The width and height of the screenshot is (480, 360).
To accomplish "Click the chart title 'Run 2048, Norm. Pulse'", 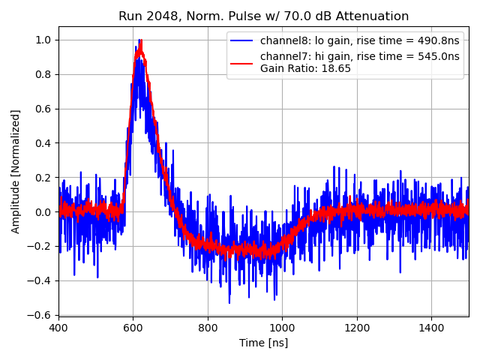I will (x=263, y=16).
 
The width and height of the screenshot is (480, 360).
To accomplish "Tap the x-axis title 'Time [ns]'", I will (x=263, y=343).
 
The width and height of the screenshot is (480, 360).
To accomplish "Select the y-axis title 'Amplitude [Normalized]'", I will (x=16, y=171).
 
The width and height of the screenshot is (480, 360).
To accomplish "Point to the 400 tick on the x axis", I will (x=58, y=327).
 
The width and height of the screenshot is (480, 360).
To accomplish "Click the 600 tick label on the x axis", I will (x=133, y=327).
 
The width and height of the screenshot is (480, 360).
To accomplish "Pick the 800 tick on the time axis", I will (x=208, y=327).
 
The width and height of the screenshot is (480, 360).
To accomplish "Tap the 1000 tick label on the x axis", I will (x=282, y=327).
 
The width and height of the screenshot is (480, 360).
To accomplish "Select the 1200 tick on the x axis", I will (x=357, y=327).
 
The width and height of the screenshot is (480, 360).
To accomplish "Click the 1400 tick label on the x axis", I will (x=431, y=327).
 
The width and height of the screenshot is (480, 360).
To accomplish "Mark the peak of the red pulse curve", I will (x=139, y=46).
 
